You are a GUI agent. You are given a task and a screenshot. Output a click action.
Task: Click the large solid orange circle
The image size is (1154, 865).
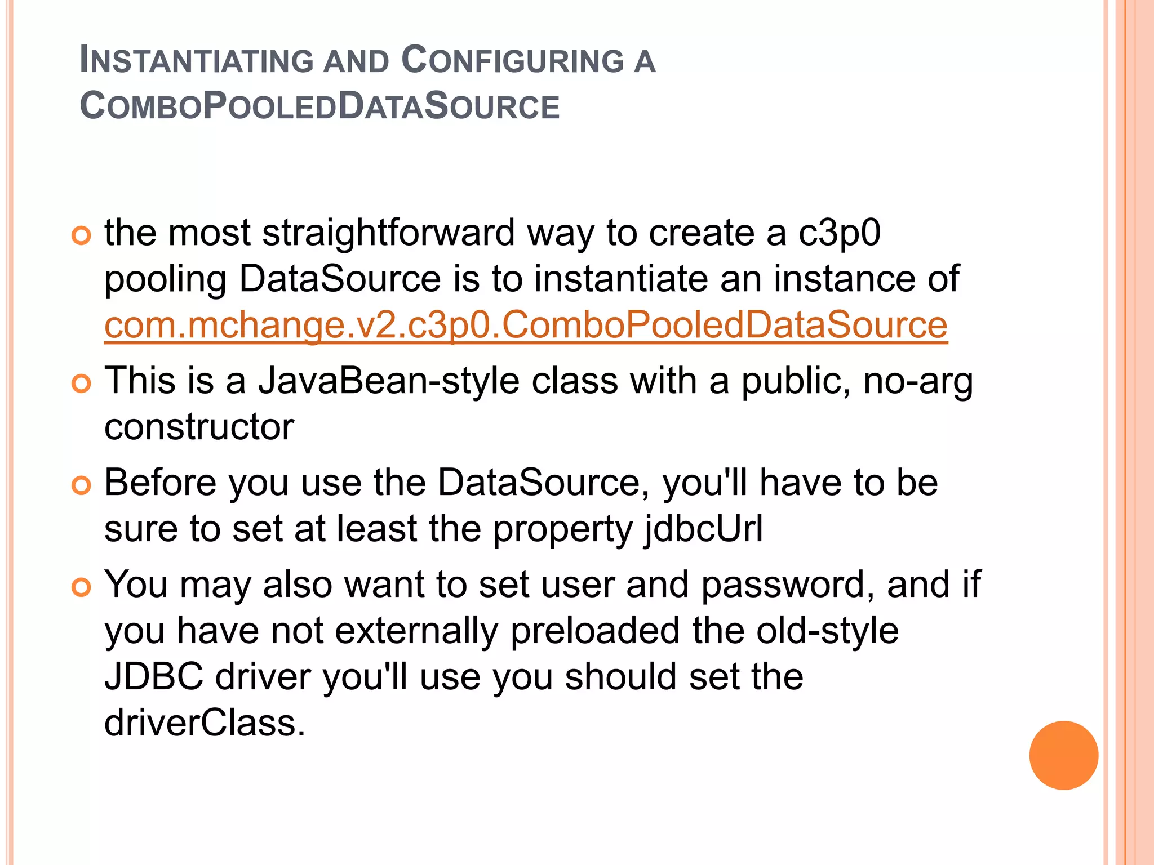(x=1063, y=755)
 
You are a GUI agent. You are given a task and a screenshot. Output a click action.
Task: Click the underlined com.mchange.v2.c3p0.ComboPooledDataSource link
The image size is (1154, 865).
(x=526, y=326)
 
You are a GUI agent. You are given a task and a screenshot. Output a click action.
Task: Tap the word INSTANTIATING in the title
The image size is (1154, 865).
(x=196, y=60)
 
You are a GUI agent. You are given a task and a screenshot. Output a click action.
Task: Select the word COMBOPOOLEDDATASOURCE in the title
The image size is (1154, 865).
(x=319, y=106)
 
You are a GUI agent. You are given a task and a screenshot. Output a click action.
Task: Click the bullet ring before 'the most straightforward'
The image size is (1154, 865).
(x=82, y=235)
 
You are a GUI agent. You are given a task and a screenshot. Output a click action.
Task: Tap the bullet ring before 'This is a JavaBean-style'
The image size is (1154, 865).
(x=82, y=384)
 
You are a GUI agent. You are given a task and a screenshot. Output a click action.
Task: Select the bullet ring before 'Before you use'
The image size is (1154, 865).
(x=82, y=485)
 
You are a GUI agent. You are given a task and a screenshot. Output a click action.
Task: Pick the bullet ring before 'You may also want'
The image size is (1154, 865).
(x=82, y=587)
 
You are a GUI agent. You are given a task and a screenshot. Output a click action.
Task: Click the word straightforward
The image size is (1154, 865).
(x=388, y=233)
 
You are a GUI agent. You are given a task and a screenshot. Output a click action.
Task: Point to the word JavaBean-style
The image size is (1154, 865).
(x=389, y=381)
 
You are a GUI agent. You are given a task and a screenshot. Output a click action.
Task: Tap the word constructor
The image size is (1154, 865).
(x=199, y=427)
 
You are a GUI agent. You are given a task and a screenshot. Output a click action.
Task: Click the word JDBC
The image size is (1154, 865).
(x=154, y=677)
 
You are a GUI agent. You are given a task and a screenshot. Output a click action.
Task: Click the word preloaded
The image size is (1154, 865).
(x=595, y=631)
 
